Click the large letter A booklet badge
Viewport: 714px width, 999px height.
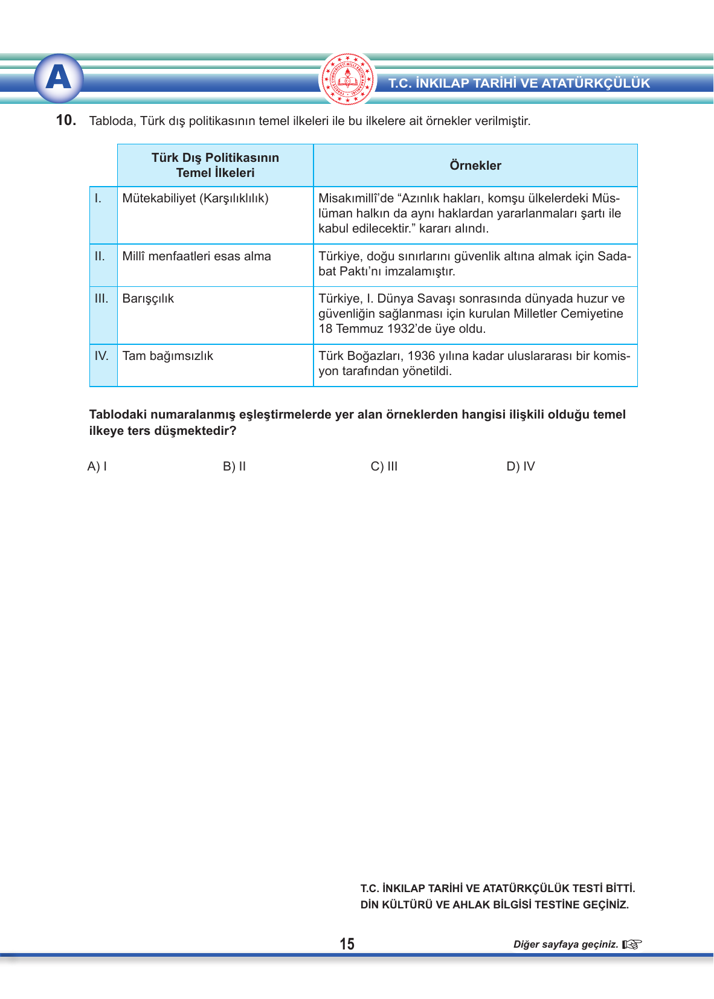(x=59, y=78)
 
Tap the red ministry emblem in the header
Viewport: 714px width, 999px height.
(x=347, y=79)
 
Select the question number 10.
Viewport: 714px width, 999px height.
(x=66, y=120)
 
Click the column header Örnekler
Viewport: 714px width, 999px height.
(x=475, y=165)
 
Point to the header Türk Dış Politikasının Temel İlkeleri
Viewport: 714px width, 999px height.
(x=215, y=165)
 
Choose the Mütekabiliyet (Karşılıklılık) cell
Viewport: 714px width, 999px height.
(x=195, y=198)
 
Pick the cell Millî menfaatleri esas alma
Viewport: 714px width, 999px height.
(x=196, y=256)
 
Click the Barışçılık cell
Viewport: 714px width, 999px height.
(x=148, y=298)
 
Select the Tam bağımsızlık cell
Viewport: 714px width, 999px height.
(x=167, y=356)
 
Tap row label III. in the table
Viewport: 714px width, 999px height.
(x=101, y=298)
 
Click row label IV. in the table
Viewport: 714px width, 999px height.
(x=101, y=356)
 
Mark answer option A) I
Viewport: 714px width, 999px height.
(x=97, y=466)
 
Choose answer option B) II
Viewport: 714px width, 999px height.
(x=234, y=466)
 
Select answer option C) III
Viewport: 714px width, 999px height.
(x=384, y=466)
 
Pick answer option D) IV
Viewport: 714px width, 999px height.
(x=521, y=466)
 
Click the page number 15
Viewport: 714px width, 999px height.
(x=347, y=944)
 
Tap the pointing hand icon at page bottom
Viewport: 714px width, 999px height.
(x=632, y=944)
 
